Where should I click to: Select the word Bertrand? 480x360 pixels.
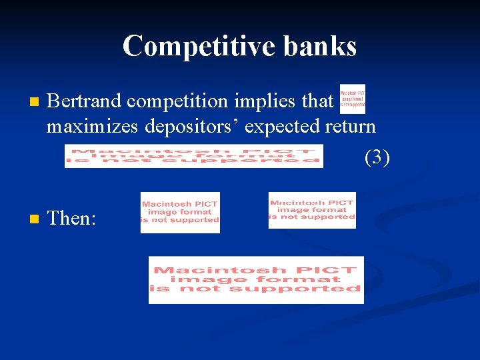pos(85,101)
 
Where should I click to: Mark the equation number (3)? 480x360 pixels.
pos(377,157)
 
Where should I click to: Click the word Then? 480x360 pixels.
pos(73,218)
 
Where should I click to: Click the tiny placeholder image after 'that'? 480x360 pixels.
pos(353,99)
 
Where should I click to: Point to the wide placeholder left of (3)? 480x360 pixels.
pos(193,156)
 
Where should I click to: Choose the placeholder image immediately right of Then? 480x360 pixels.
pos(180,212)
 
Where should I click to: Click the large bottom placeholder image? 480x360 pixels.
pos(256,279)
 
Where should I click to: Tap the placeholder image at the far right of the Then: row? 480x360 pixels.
pos(312,210)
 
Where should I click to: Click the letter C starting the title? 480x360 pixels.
pos(132,47)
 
